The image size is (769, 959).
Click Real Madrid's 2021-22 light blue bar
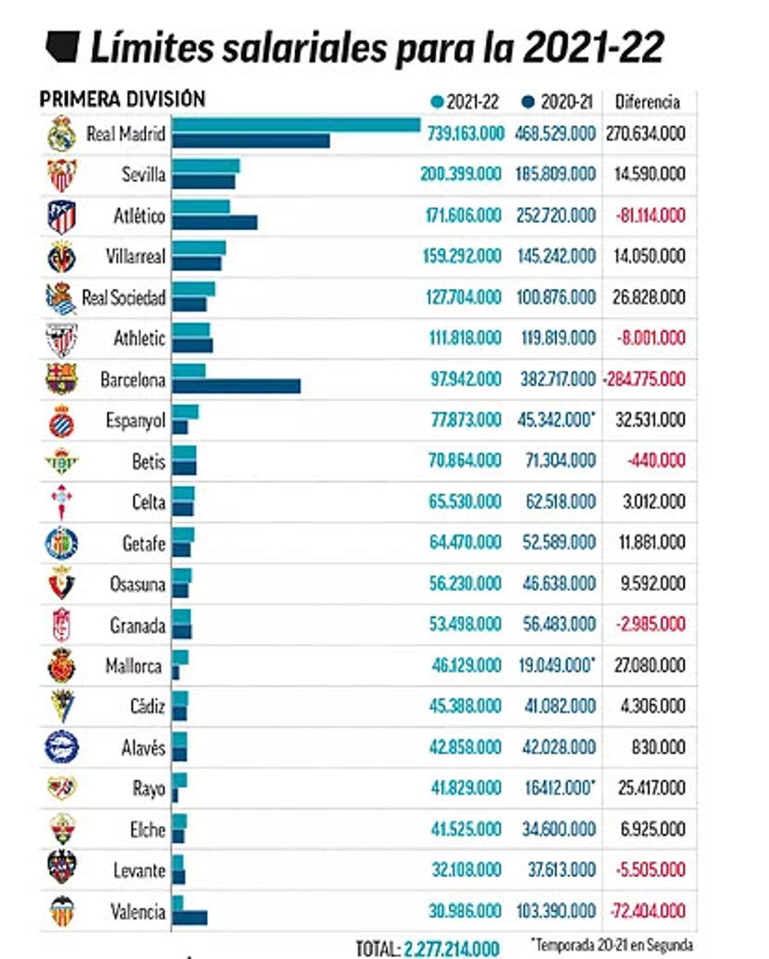(x=295, y=125)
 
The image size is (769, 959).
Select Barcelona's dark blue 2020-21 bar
(x=236, y=386)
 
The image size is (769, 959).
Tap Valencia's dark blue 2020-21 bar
(x=190, y=918)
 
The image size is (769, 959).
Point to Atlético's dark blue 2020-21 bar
(x=215, y=222)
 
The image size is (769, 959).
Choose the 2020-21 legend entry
(x=558, y=102)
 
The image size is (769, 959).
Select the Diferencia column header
(x=647, y=102)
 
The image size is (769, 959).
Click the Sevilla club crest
(x=62, y=175)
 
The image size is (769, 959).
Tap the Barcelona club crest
(x=62, y=379)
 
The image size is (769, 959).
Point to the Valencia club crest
(x=62, y=911)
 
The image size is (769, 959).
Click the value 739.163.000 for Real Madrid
(x=466, y=133)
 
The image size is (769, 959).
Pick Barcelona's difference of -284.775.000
(x=645, y=379)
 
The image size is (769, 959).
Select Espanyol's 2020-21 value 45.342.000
(x=554, y=420)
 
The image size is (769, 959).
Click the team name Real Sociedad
(x=124, y=297)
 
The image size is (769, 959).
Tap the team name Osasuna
(x=137, y=584)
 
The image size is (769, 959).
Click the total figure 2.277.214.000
(x=451, y=948)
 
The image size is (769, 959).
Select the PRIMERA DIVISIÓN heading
(x=122, y=99)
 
